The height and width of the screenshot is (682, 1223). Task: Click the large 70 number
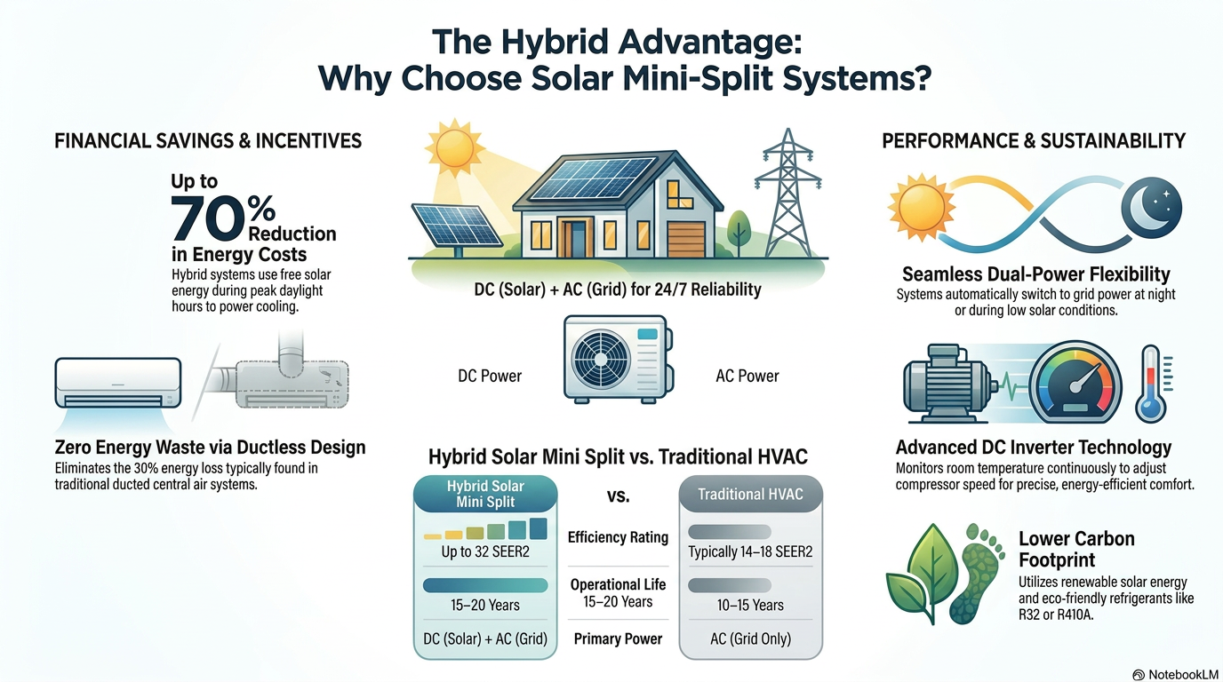click(x=207, y=218)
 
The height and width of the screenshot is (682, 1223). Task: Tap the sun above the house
click(x=454, y=147)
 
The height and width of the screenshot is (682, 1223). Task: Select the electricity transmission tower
click(x=787, y=193)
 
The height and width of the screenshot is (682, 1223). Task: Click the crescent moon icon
click(x=1152, y=208)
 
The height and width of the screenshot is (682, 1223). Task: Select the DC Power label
click(x=490, y=376)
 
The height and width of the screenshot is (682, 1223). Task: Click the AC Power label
click(x=747, y=376)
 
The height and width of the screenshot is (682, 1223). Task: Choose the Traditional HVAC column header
click(x=751, y=495)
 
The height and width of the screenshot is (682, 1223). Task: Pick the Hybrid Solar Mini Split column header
click(x=485, y=494)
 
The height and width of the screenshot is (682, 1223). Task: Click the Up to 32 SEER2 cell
click(x=485, y=551)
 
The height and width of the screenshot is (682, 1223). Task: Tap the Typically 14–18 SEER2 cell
click(x=750, y=551)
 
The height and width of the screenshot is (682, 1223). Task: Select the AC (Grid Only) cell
click(x=751, y=638)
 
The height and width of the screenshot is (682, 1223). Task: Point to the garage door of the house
click(x=686, y=239)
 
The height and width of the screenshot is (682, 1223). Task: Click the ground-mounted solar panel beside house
click(x=457, y=225)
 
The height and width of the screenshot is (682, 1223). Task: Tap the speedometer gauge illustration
click(x=1075, y=382)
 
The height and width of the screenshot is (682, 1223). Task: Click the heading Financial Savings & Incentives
click(x=208, y=141)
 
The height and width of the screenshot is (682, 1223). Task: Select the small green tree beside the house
click(x=739, y=233)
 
